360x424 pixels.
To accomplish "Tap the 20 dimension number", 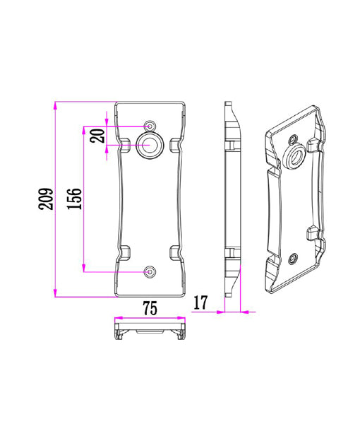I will click(x=98, y=135).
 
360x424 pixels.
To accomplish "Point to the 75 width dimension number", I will click(x=149, y=308).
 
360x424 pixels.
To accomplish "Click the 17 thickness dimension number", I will click(x=199, y=303).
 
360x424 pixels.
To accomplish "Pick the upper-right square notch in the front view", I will click(x=174, y=146).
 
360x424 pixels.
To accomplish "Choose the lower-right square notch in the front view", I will click(x=174, y=251).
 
